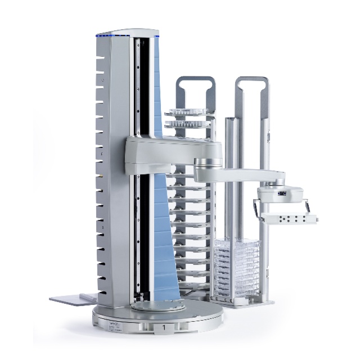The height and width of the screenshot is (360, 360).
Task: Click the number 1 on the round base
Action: click(x=164, y=326)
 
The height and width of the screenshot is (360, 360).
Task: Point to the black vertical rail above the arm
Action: click(x=144, y=84)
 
